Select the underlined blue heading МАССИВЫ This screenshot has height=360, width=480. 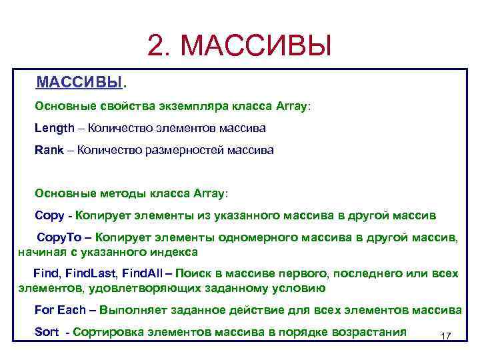coord(80,83)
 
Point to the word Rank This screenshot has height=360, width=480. coord(49,149)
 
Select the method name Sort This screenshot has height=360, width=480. coord(47,332)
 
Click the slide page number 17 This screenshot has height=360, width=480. coord(447,337)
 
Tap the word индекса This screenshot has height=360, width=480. coord(175,252)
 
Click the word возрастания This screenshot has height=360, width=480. coord(369,332)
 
